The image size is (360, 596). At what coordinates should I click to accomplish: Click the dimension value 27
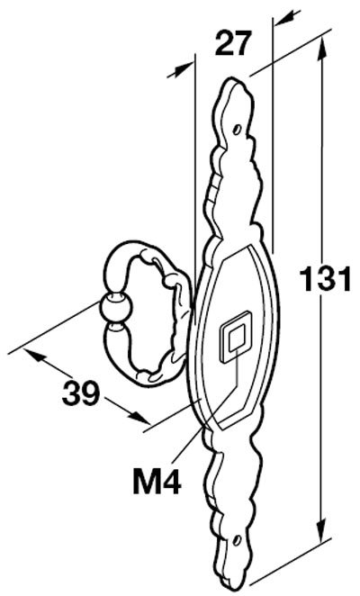click(x=233, y=43)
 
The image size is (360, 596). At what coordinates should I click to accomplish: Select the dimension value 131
click(x=326, y=279)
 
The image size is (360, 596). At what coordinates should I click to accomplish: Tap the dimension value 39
click(x=81, y=393)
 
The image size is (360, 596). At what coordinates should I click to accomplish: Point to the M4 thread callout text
click(x=157, y=481)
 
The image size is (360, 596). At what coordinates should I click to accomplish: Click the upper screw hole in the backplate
click(x=237, y=130)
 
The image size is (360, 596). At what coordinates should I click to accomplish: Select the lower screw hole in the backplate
click(x=237, y=540)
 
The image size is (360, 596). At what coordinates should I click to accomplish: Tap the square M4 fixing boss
click(x=236, y=337)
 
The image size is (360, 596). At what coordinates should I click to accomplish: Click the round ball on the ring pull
click(x=116, y=308)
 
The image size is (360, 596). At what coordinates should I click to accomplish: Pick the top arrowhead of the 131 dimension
click(x=322, y=50)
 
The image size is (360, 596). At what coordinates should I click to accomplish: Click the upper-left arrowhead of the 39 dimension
click(x=35, y=355)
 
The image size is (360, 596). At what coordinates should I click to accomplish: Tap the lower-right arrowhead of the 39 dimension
click(x=139, y=417)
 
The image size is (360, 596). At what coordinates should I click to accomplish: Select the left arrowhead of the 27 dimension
click(x=179, y=71)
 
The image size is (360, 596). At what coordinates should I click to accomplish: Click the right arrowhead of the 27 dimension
click(x=286, y=18)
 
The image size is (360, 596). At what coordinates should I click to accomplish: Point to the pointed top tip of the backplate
click(x=230, y=79)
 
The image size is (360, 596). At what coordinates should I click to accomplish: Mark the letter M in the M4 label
click(x=146, y=481)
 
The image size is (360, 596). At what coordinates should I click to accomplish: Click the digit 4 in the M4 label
click(x=171, y=481)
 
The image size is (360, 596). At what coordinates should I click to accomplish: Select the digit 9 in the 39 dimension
click(x=91, y=393)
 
